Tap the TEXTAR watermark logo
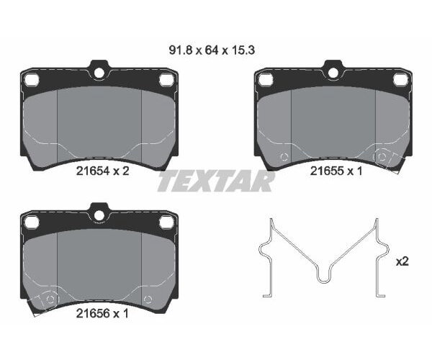point(216,181)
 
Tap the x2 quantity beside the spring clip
point(402,261)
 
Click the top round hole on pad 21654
point(98,72)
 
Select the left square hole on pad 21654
point(30,80)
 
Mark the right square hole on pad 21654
point(166,80)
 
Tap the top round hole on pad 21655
point(332,72)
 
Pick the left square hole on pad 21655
point(264,80)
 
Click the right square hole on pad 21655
point(400,80)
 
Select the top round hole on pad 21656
point(98,214)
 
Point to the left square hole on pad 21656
point(30,222)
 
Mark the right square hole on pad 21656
point(166,222)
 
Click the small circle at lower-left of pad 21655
point(284,156)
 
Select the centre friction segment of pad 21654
point(98,122)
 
